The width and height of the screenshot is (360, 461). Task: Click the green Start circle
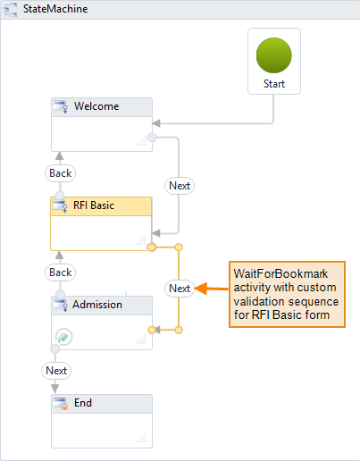pos(274,55)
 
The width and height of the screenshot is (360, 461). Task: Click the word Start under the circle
pos(274,83)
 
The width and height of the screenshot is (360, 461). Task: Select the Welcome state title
pos(96,106)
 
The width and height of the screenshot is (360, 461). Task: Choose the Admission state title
pos(98,305)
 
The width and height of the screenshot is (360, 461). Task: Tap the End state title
pos(82,403)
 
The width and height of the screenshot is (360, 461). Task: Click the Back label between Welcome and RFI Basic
pos(60,173)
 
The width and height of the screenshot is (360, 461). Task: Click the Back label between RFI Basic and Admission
pos(60,272)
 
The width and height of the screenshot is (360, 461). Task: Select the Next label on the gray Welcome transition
pos(180,186)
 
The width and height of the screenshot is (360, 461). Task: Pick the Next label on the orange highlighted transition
pos(180,288)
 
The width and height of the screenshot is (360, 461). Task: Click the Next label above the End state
pos(56,370)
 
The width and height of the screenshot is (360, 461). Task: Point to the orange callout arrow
pos(211,288)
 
